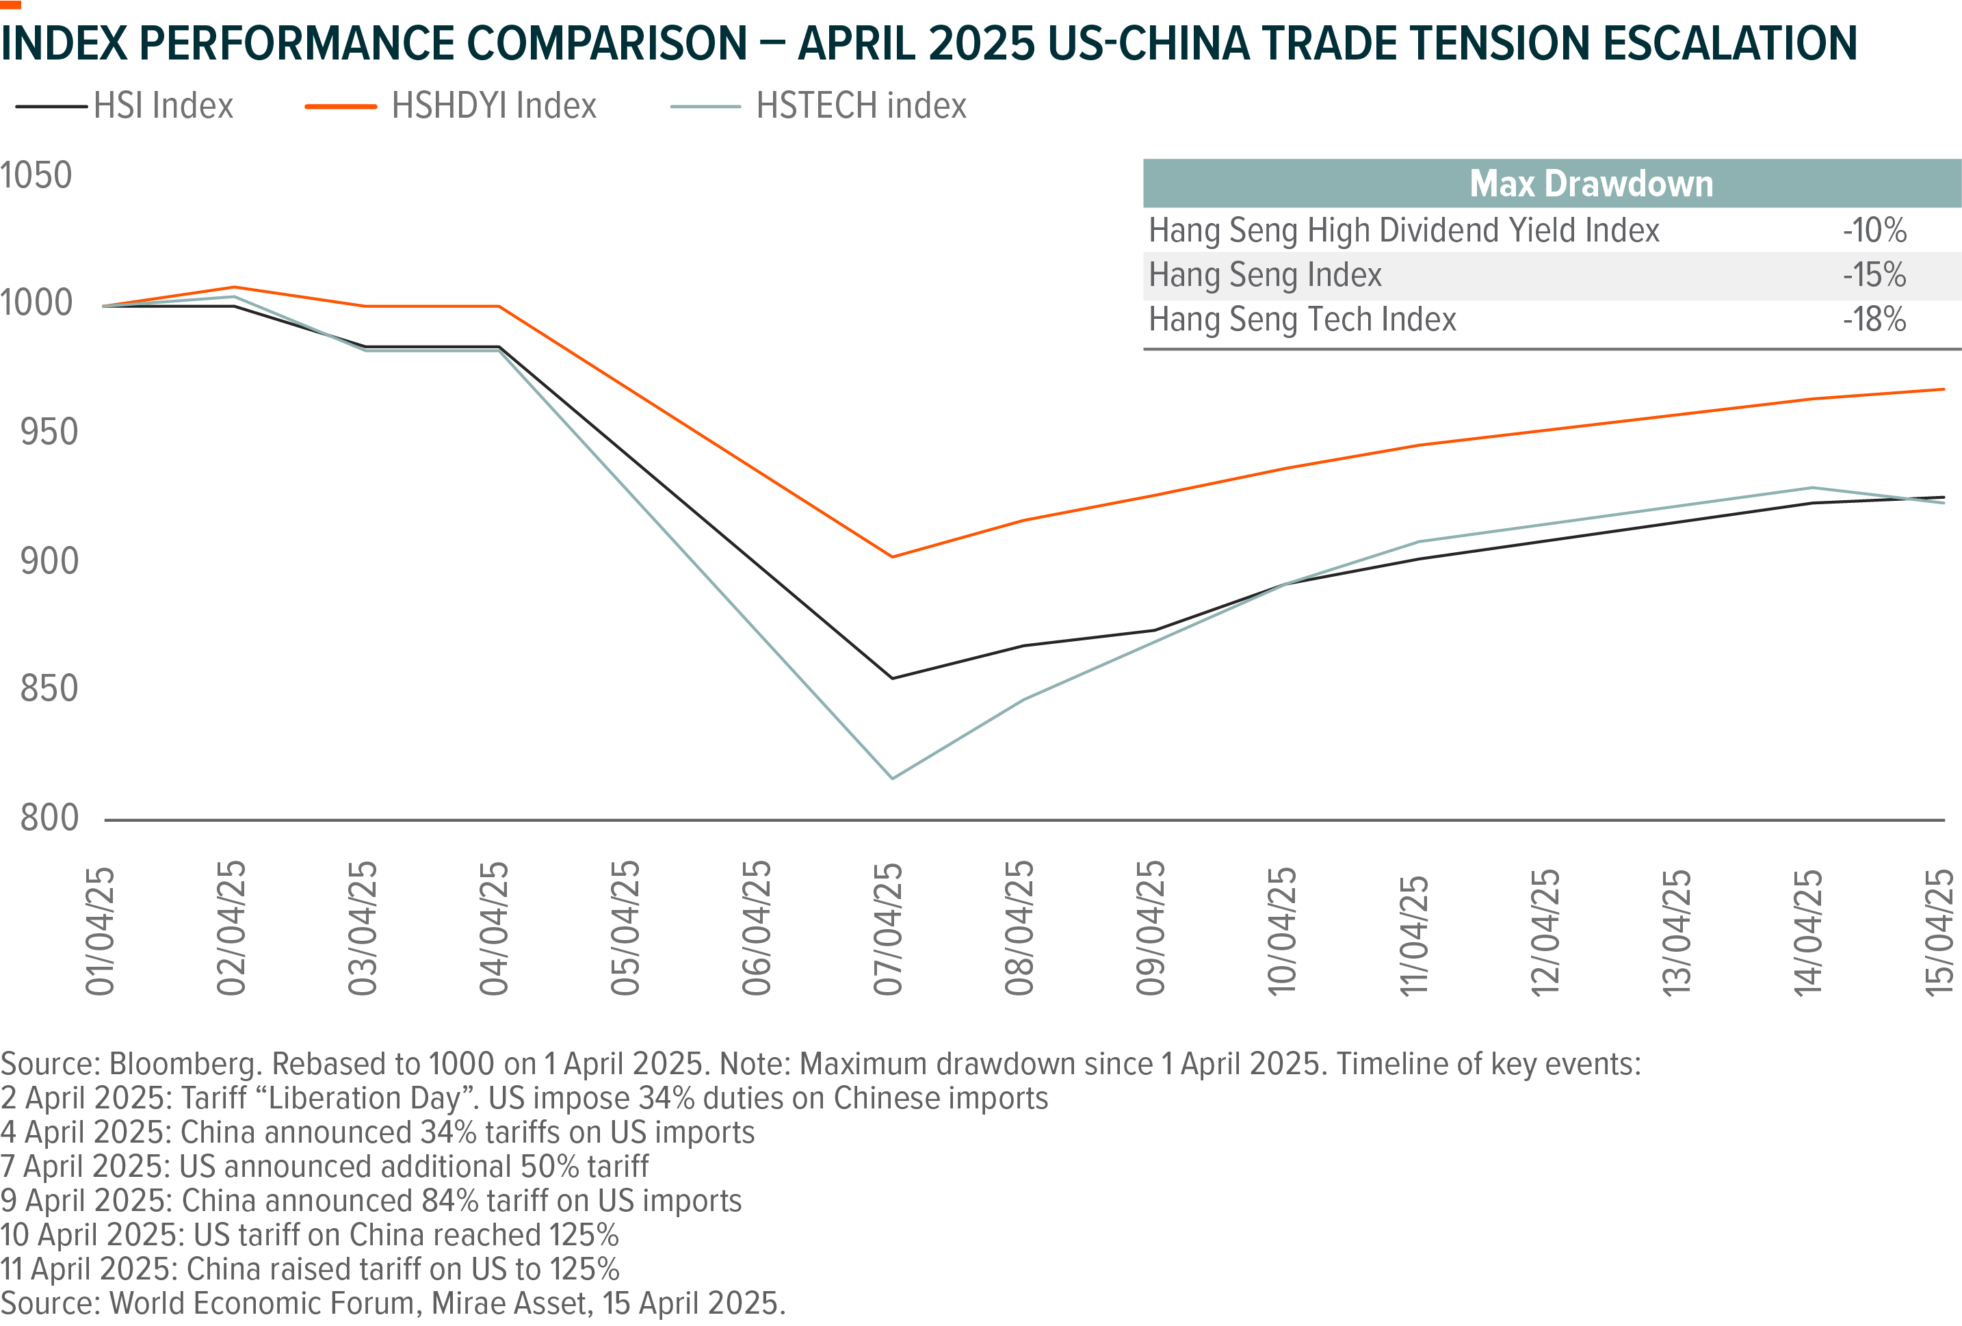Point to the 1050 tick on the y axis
36,176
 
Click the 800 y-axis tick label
49,818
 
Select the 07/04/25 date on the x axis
888,929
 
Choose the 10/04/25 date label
1281,932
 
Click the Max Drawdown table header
1591,184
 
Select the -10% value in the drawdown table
1874,231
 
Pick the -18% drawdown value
1874,320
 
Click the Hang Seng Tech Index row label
1303,320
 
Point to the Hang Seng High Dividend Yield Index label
1404,231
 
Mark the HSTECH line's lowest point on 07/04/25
892,778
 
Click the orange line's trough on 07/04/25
892,556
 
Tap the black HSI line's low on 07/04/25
892,678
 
